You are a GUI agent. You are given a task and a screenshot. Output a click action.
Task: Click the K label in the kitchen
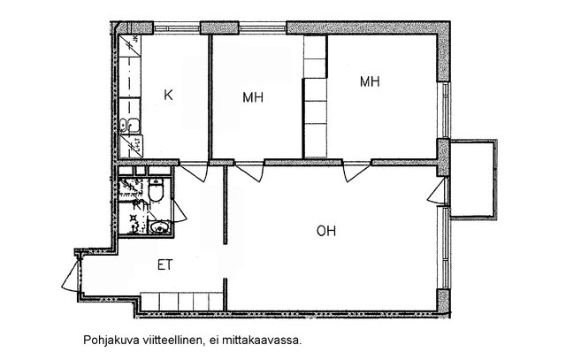click(x=168, y=96)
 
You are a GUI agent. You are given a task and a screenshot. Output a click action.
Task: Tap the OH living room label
click(x=326, y=231)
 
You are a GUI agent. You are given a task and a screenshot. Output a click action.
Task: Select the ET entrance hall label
click(x=165, y=265)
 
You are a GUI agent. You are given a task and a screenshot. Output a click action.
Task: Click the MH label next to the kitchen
click(x=253, y=97)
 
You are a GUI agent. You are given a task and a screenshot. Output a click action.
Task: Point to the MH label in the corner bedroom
click(x=370, y=81)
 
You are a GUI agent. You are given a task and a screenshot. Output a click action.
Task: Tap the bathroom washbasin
click(x=158, y=227)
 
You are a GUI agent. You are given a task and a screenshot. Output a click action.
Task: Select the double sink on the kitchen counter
click(x=130, y=125)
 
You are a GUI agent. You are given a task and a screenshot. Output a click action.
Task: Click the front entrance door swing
click(x=70, y=276)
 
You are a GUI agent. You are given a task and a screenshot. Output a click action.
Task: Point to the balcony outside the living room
click(x=472, y=179)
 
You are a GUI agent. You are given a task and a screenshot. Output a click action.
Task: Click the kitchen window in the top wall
click(x=177, y=27)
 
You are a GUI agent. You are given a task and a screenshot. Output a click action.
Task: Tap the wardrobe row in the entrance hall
click(x=181, y=302)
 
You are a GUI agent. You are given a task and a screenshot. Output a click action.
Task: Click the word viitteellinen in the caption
click(x=175, y=340)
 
